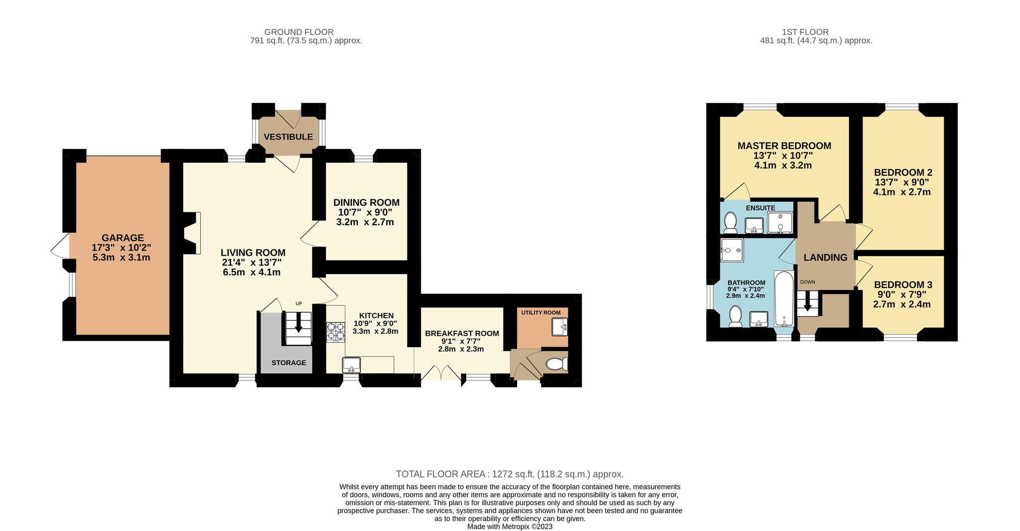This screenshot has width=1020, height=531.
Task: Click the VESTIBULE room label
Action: tap(288, 137)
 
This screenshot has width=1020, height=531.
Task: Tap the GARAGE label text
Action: tap(123, 238)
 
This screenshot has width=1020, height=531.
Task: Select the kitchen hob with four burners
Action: tap(336, 332)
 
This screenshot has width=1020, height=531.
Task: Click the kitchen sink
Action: tap(352, 365)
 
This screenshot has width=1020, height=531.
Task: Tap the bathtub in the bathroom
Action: tap(784, 299)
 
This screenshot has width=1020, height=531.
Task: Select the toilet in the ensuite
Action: tap(731, 223)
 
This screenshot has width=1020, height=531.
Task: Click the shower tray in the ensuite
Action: tap(780, 223)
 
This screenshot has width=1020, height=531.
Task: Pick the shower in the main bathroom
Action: tap(732, 250)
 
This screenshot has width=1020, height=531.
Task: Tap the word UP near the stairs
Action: tap(299, 303)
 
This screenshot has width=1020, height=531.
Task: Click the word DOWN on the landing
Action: tap(807, 282)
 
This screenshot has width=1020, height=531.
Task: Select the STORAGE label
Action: tap(289, 363)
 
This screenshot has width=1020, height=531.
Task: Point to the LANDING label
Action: tap(825, 258)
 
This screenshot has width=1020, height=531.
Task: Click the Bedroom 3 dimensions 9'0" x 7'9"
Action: tap(901, 295)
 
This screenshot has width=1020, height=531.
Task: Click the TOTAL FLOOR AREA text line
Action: tap(510, 474)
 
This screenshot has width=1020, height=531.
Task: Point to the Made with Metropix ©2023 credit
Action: tap(510, 527)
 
